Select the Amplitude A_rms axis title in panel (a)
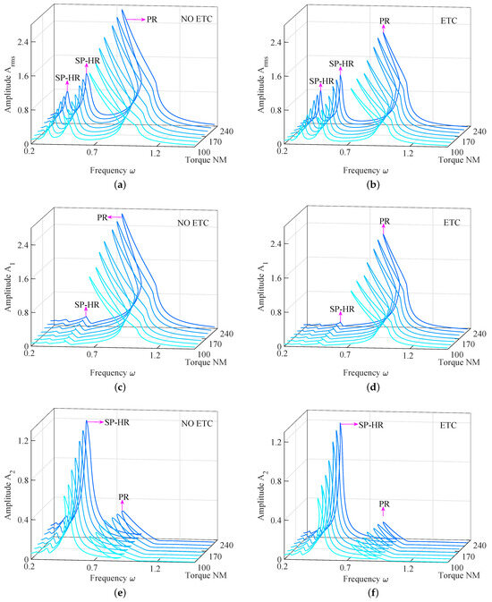pos(7,89)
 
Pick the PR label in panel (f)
pos(385,504)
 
